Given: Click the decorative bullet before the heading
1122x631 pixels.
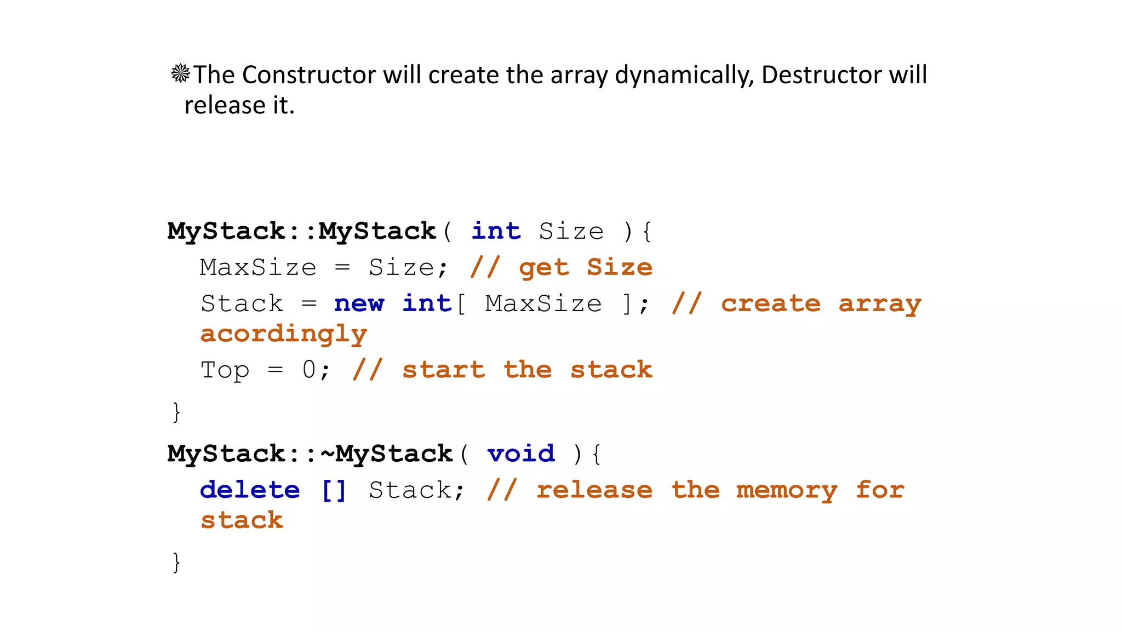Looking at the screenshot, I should point(180,73).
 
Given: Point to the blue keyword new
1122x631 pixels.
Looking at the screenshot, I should point(359,304).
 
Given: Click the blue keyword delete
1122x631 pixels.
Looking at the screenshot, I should point(250,490).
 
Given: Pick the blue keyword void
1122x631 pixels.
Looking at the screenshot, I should point(521,454).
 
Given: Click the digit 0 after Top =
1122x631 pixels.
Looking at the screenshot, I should point(309,370).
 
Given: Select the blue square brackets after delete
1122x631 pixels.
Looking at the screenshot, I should point(334,490).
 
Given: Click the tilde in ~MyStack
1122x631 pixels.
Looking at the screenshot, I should point(327,454).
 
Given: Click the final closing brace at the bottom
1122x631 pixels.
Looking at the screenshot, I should point(176,562).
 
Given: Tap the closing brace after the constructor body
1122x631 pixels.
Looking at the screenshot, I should point(176,411).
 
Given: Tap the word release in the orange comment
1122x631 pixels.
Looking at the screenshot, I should point(594,490).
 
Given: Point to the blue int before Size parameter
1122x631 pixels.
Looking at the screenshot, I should point(496,231).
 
